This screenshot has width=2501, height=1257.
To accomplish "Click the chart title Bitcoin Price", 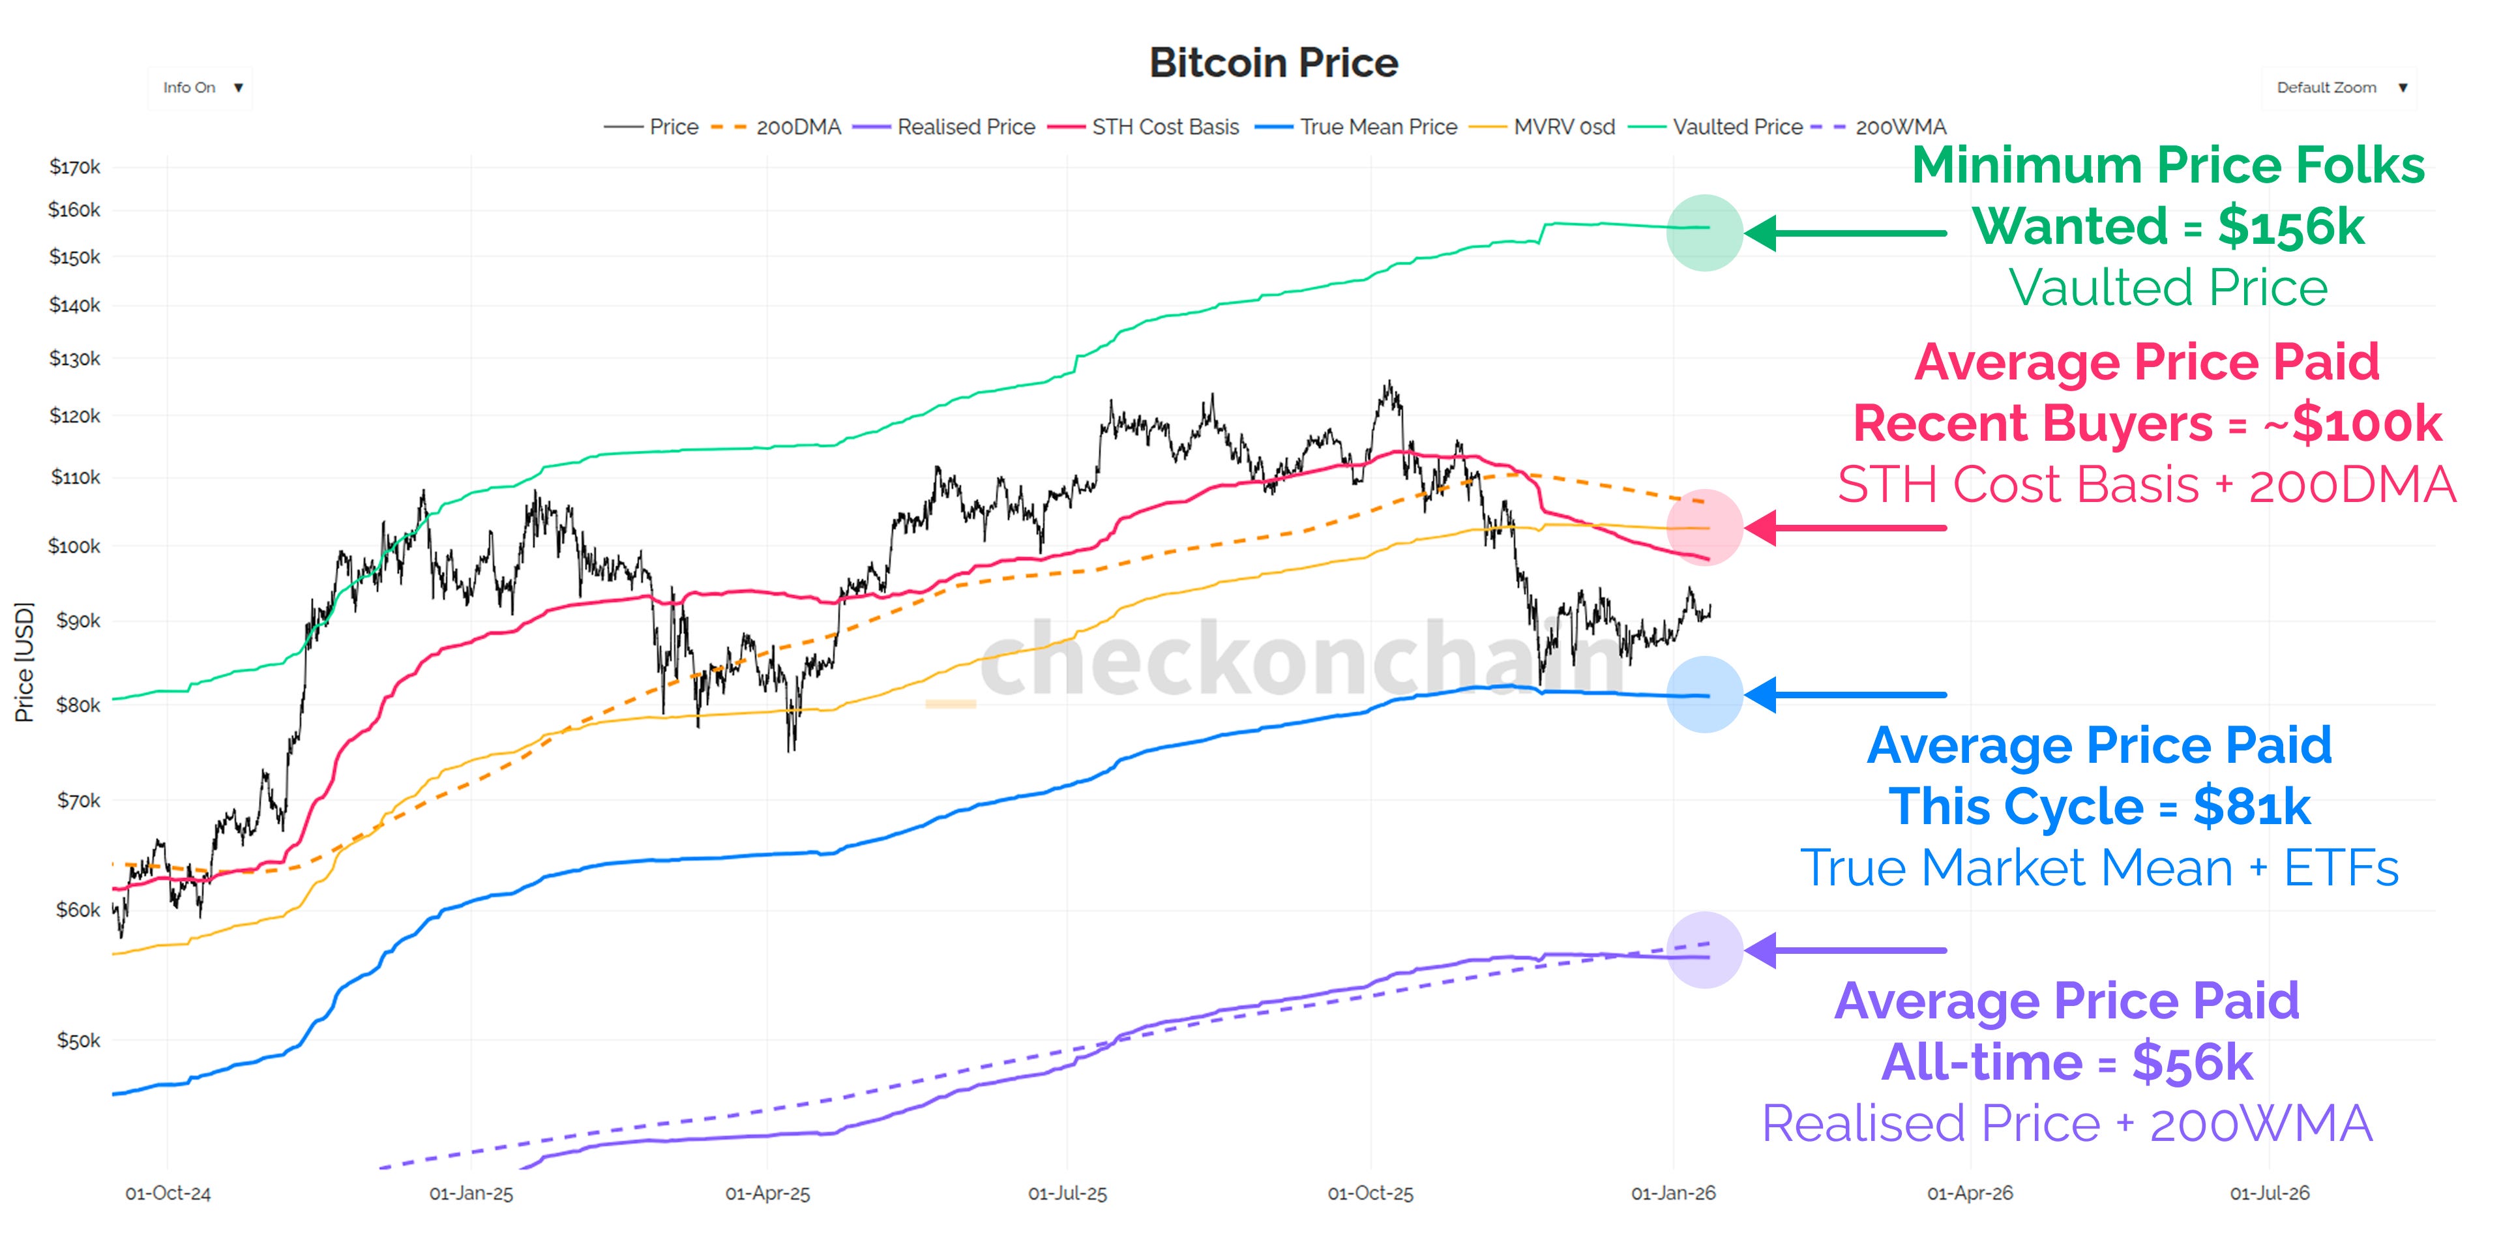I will (x=1273, y=63).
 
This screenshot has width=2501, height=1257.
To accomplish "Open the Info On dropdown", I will (x=201, y=87).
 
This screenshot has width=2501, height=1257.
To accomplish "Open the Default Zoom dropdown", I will (x=2340, y=87).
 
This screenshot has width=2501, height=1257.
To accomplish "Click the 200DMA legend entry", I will (x=777, y=127).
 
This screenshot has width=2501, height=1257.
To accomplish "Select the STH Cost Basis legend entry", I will (x=1146, y=127).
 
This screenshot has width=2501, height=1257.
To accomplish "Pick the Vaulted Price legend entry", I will (x=1717, y=127).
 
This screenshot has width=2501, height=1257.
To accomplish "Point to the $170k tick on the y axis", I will (x=75, y=167).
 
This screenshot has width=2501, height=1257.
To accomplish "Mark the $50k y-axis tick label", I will (x=78, y=1041).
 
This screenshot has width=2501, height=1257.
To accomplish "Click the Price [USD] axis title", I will (x=24, y=662).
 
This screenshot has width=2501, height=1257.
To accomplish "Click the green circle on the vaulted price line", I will (x=1705, y=233).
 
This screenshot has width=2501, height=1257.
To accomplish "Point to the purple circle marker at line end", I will (x=1705, y=951).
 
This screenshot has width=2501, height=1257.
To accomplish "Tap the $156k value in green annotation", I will (x=2290, y=226).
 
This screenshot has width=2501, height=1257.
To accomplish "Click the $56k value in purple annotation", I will (x=2192, y=1062).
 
